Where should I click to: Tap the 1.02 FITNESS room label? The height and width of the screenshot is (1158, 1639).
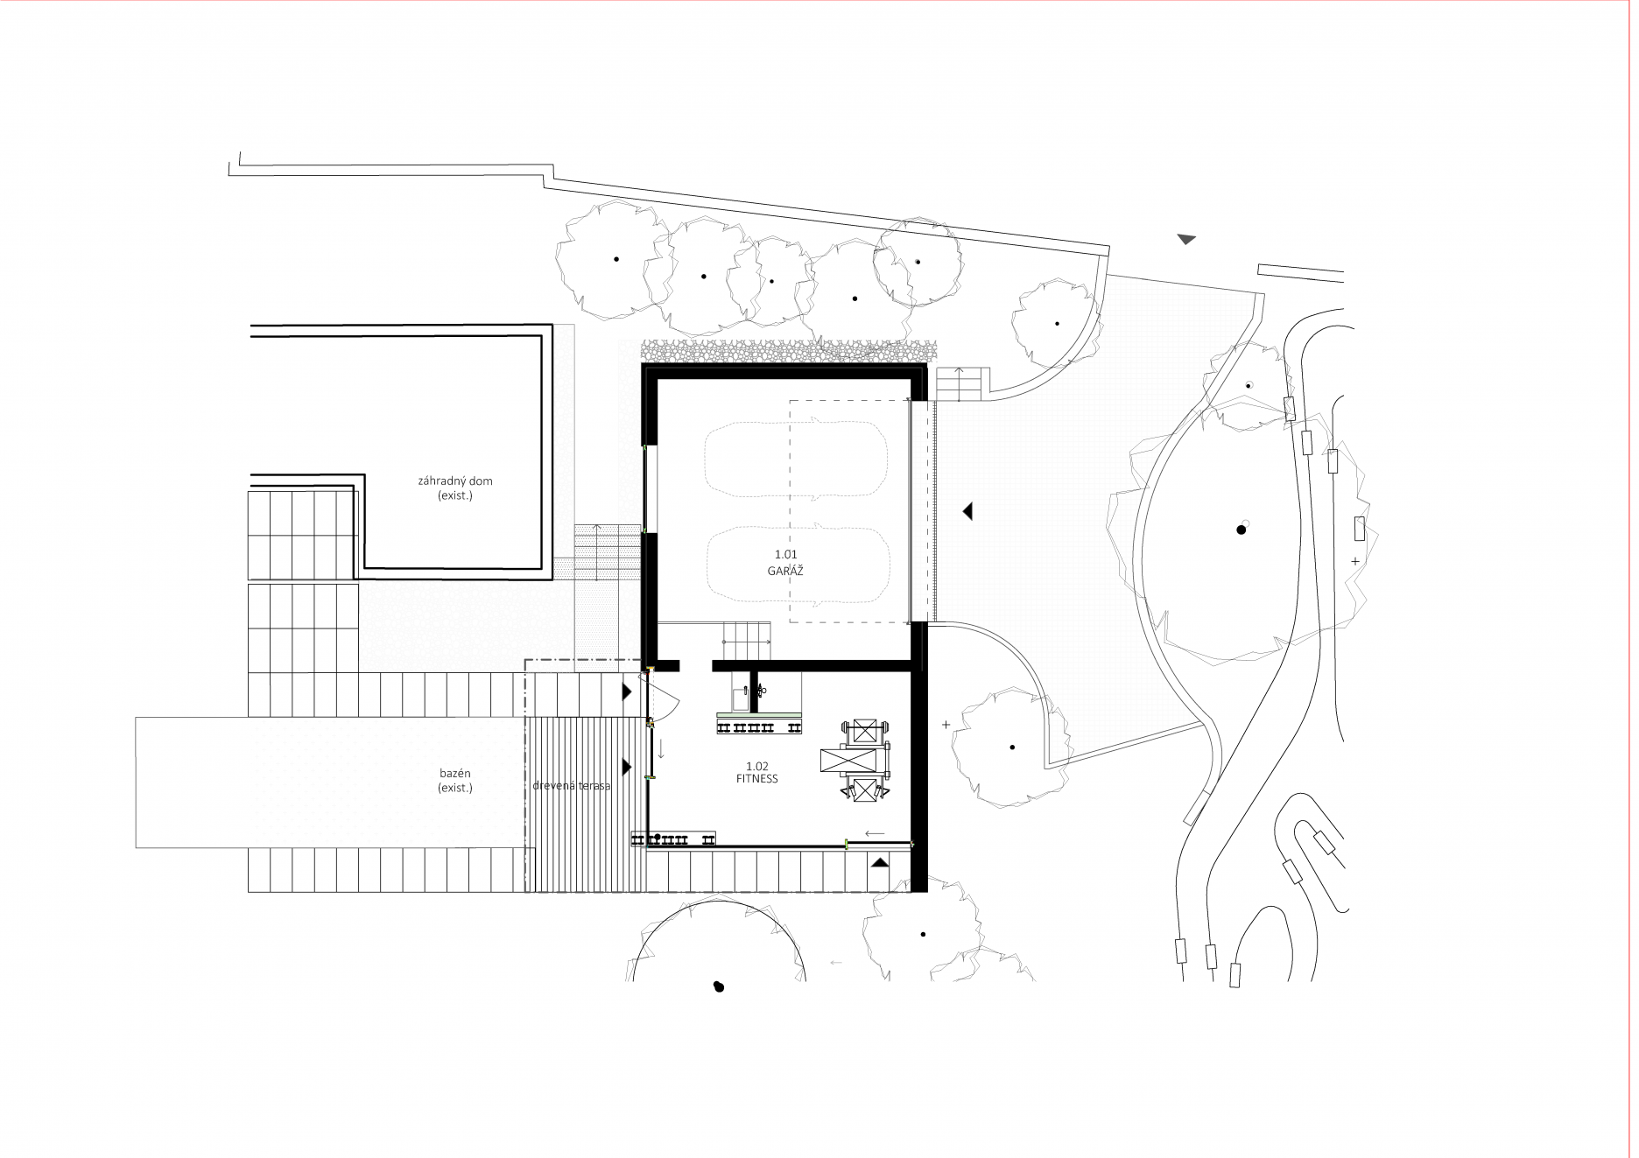(x=756, y=773)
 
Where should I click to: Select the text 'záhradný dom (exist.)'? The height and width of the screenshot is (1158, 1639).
(x=455, y=488)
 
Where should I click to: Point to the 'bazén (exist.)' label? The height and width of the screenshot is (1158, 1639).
(x=455, y=781)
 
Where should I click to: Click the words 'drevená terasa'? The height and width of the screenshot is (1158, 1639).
(x=571, y=786)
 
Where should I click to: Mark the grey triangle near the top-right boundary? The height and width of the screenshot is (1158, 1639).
(x=1186, y=239)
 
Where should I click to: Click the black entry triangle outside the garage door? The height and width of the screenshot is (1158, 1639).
(x=967, y=511)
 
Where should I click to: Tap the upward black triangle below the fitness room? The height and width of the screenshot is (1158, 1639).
(x=879, y=862)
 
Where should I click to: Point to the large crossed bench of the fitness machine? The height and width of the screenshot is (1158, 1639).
(x=849, y=761)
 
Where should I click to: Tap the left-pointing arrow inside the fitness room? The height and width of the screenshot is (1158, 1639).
(x=874, y=833)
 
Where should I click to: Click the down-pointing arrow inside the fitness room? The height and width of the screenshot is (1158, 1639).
(x=661, y=749)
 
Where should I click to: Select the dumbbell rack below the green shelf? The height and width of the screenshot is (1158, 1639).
(x=759, y=727)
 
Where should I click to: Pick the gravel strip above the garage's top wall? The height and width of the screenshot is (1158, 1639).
(x=784, y=351)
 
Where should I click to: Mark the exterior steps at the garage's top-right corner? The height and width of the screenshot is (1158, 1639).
(x=961, y=383)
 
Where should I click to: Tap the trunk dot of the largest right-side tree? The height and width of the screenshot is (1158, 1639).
(x=1241, y=530)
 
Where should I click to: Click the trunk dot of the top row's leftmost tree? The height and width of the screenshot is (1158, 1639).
(x=616, y=259)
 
